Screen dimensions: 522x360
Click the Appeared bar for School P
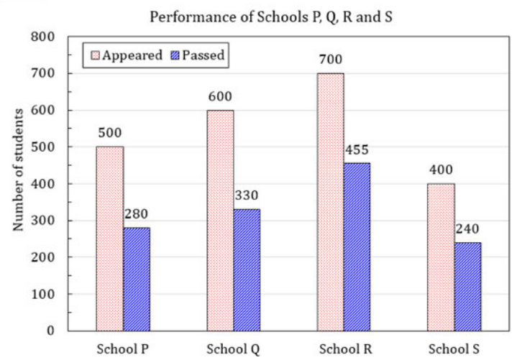coord(110,239)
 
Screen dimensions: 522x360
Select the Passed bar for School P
coord(137,280)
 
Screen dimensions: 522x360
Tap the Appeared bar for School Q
coord(220,221)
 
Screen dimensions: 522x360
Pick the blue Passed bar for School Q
coord(247,270)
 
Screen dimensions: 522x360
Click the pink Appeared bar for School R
coord(330,203)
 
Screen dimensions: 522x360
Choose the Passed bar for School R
coord(357,247)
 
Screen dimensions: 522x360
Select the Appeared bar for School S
coord(441,257)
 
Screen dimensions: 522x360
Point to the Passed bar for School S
coord(467,287)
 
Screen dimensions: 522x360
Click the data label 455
coord(357,149)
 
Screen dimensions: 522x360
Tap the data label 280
coord(136,214)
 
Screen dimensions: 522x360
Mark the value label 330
coord(247,195)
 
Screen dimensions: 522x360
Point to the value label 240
coord(467,229)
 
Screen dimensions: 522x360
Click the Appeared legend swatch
coord(95,55)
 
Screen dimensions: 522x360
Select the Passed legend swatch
coord(175,55)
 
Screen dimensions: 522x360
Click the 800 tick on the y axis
coord(42,37)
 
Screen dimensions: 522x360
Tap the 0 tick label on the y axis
coord(50,331)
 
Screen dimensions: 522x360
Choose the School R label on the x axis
coord(346,349)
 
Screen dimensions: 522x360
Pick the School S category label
coord(454,349)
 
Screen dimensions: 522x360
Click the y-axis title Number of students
coord(18,170)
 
